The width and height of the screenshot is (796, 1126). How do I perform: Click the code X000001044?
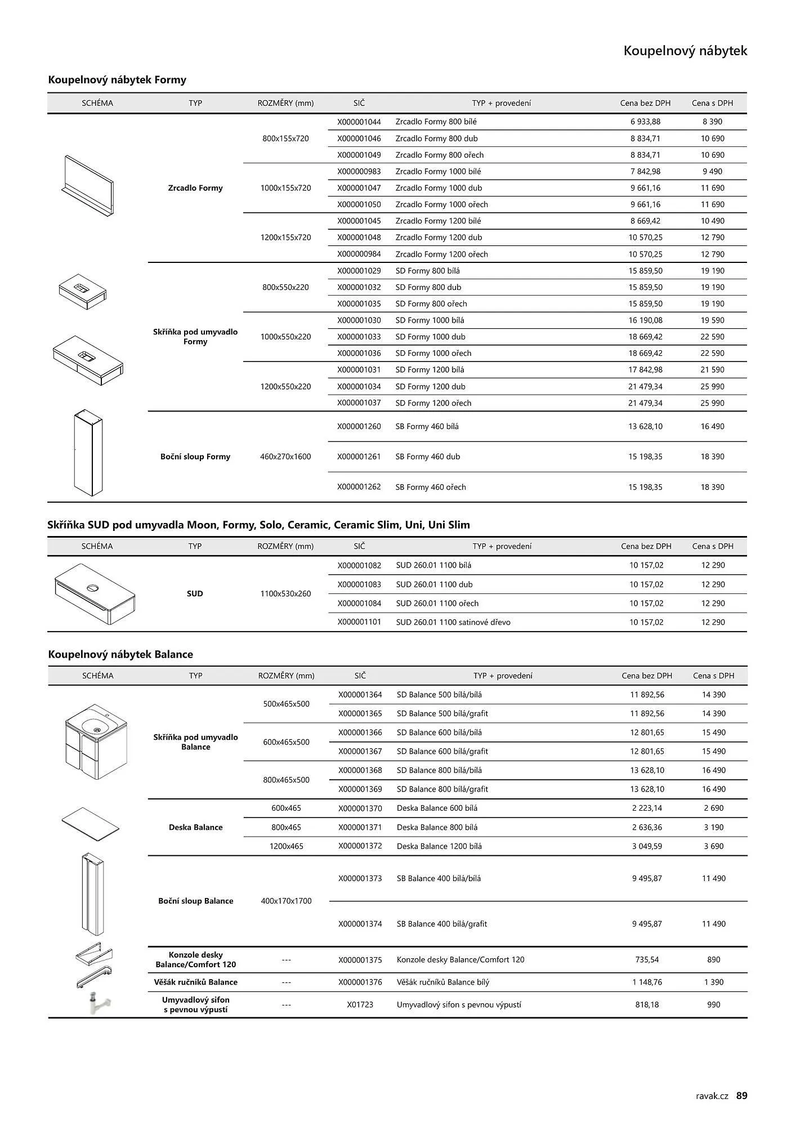(x=359, y=122)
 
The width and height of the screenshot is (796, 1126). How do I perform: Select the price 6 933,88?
(x=645, y=122)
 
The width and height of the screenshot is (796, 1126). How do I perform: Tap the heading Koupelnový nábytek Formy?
(x=117, y=80)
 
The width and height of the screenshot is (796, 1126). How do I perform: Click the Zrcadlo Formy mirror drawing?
(x=88, y=186)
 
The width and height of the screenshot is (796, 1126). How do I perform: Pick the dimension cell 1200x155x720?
(x=285, y=238)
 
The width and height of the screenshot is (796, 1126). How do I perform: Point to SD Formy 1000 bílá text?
(x=430, y=320)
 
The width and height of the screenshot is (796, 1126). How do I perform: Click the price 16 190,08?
(x=645, y=320)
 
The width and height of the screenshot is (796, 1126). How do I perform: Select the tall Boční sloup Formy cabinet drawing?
(x=88, y=453)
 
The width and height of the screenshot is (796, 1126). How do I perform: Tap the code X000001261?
(x=359, y=457)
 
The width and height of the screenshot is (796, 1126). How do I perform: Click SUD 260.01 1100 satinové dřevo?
(x=453, y=622)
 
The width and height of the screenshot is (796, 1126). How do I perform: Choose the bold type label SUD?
(x=195, y=593)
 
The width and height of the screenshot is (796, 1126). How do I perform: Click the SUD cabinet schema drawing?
(x=96, y=593)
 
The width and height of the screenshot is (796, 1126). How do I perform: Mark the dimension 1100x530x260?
(x=285, y=593)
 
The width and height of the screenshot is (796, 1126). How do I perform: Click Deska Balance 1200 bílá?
(x=439, y=846)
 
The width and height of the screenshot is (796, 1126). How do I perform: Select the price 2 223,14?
(x=647, y=808)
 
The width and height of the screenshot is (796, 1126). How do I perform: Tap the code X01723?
(x=360, y=1004)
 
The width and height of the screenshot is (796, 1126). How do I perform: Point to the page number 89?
(x=742, y=1096)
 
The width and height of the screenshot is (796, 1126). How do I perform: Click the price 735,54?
(x=647, y=959)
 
